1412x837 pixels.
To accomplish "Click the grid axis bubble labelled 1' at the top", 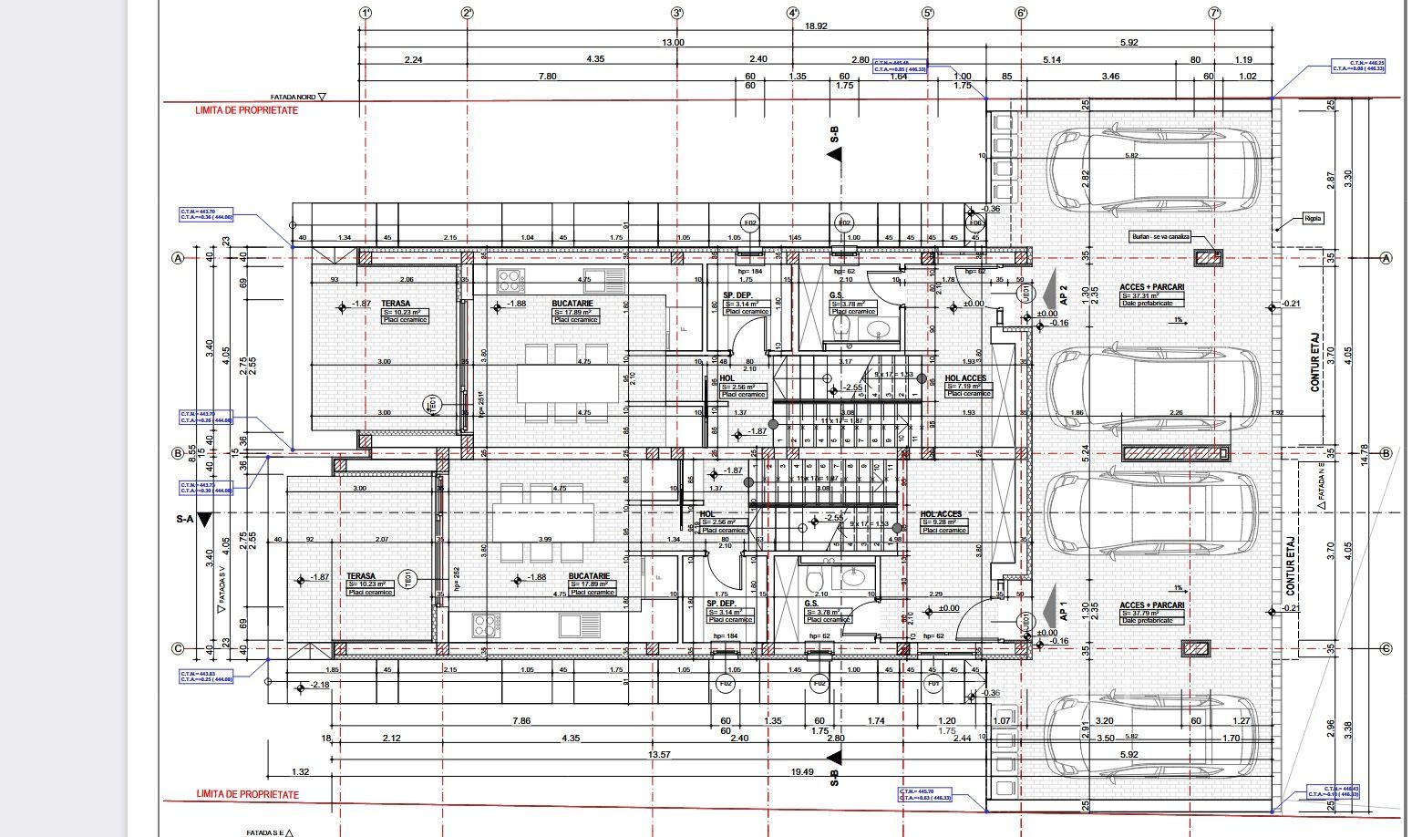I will pyautogui.click(x=365, y=13).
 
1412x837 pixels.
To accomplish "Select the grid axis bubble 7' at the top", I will pyautogui.click(x=1214, y=13).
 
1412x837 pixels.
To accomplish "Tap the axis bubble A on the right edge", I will pyautogui.click(x=1386, y=258).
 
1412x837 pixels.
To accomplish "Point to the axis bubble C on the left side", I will pyautogui.click(x=179, y=649).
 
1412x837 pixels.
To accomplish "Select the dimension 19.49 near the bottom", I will pyautogui.click(x=803, y=771).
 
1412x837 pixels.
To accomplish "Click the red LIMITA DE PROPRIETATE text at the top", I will pyautogui.click(x=246, y=110).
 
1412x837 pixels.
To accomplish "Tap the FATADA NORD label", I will pyautogui.click(x=297, y=97).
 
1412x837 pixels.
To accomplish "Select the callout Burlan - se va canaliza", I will pyautogui.click(x=1160, y=236).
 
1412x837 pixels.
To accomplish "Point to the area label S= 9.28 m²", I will pyautogui.click(x=943, y=522).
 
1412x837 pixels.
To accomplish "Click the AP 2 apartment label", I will pyautogui.click(x=1063, y=294).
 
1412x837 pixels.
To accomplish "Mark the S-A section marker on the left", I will pyautogui.click(x=186, y=519).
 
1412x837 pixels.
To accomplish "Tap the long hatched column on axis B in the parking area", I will pyautogui.click(x=1175, y=452).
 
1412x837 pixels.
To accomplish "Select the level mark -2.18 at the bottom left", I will pyautogui.click(x=320, y=685).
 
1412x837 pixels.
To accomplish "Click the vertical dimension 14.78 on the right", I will pyautogui.click(x=1365, y=453).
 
